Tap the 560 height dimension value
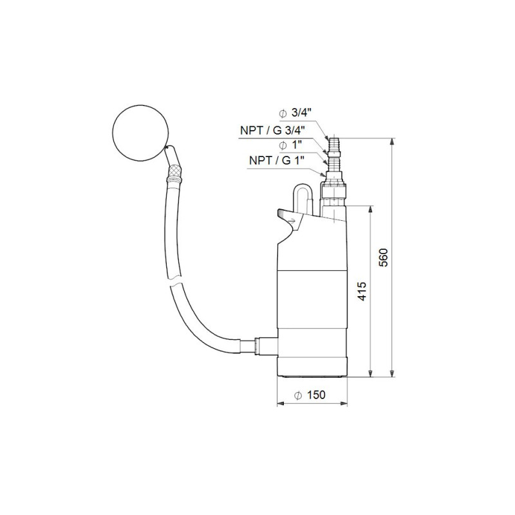383,257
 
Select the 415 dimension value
362,291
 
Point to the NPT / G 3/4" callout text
272,131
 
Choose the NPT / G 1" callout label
277,160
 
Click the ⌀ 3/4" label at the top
295,113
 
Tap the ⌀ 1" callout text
290,145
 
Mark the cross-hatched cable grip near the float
174,174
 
